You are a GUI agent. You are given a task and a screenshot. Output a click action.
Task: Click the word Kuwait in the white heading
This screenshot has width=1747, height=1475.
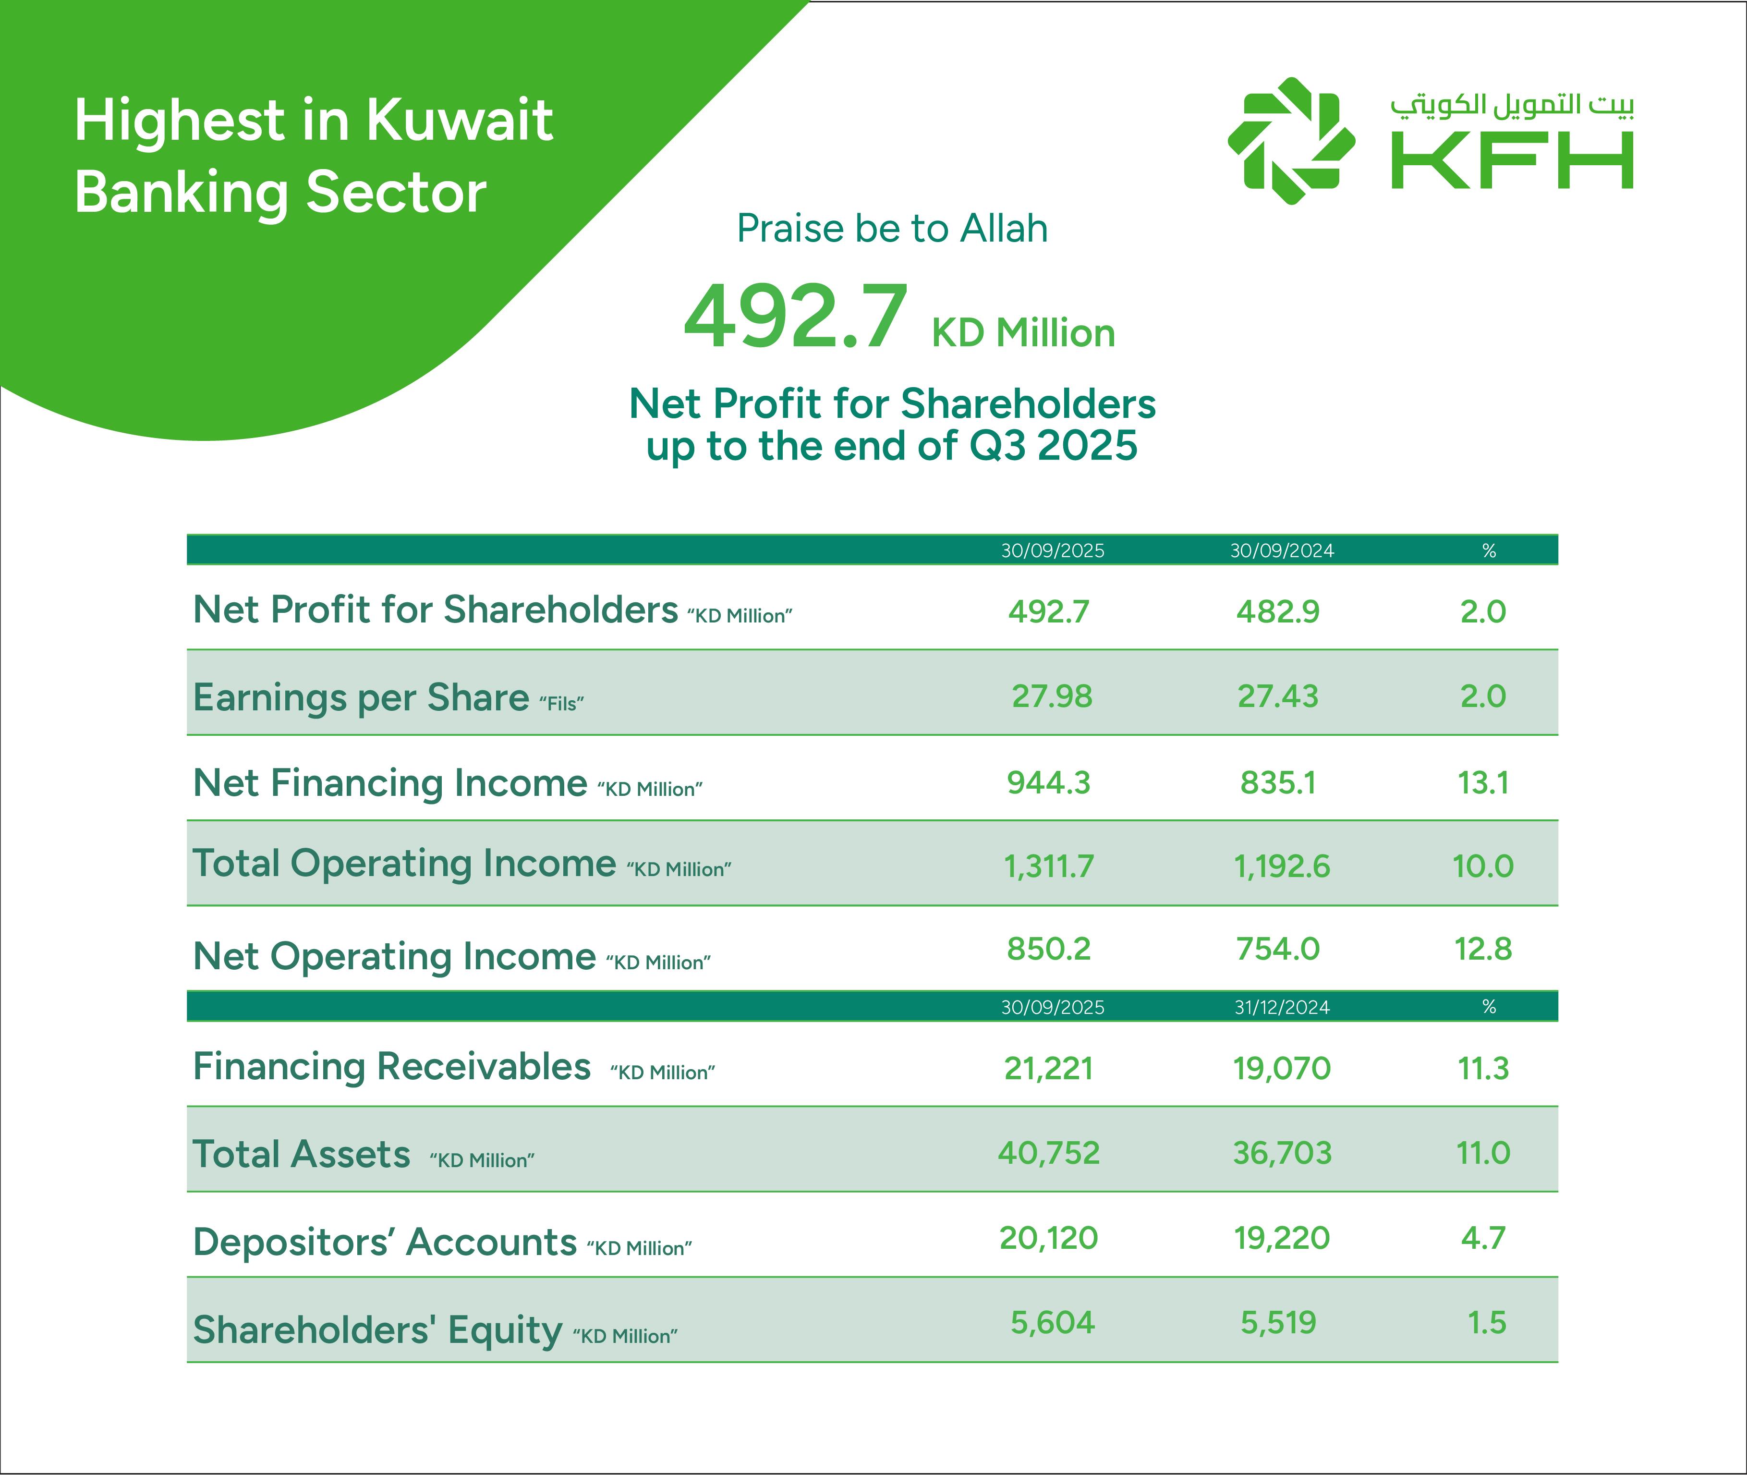pos(459,120)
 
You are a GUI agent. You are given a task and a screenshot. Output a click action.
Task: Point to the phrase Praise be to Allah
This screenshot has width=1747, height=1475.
pos(892,228)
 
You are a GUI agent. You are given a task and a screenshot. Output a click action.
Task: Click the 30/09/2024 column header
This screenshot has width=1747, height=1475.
pos(1281,550)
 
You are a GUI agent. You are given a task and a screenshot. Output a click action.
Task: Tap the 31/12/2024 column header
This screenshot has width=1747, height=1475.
pos(1281,1007)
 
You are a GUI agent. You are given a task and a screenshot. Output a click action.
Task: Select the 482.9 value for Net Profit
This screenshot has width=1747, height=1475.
pos(1277,611)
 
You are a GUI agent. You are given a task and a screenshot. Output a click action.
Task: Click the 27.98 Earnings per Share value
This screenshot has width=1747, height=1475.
pos(1052,695)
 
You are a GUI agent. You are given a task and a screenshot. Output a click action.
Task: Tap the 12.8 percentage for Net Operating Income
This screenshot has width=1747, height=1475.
pos(1483,948)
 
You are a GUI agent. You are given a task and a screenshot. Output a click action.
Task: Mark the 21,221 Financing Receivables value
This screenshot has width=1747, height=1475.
pos(1048,1068)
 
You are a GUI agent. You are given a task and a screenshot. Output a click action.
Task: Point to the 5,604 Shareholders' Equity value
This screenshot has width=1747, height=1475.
pos(1052,1322)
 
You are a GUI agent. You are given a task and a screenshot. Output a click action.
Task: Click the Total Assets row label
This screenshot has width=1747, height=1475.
pos(301,1154)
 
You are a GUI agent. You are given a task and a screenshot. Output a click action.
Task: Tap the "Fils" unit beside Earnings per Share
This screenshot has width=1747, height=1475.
pos(561,703)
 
